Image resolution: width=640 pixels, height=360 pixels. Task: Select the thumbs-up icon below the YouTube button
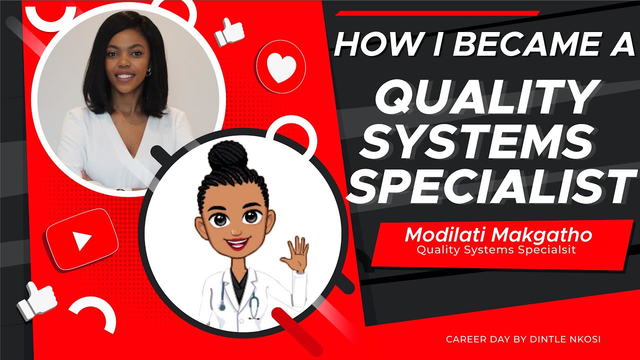(36, 300)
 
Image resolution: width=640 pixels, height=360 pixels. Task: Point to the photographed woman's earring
(148, 72)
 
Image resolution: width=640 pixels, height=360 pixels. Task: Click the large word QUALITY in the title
(482, 98)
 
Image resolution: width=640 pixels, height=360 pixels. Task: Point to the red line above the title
(437, 13)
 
